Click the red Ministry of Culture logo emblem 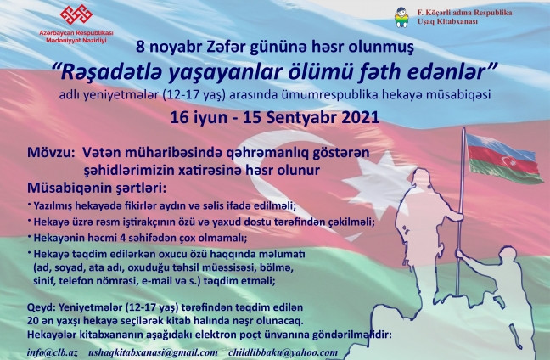coord(76,14)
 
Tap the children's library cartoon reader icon coord(401,17)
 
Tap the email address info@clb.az coord(53,352)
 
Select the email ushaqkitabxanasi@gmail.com coord(153,352)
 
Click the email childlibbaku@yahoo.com coord(283,352)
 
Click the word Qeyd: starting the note coord(42,307)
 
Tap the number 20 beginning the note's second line coord(33,321)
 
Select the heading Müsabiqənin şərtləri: coord(97,188)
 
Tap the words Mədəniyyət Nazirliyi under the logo coord(76,41)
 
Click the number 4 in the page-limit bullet coord(123,239)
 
